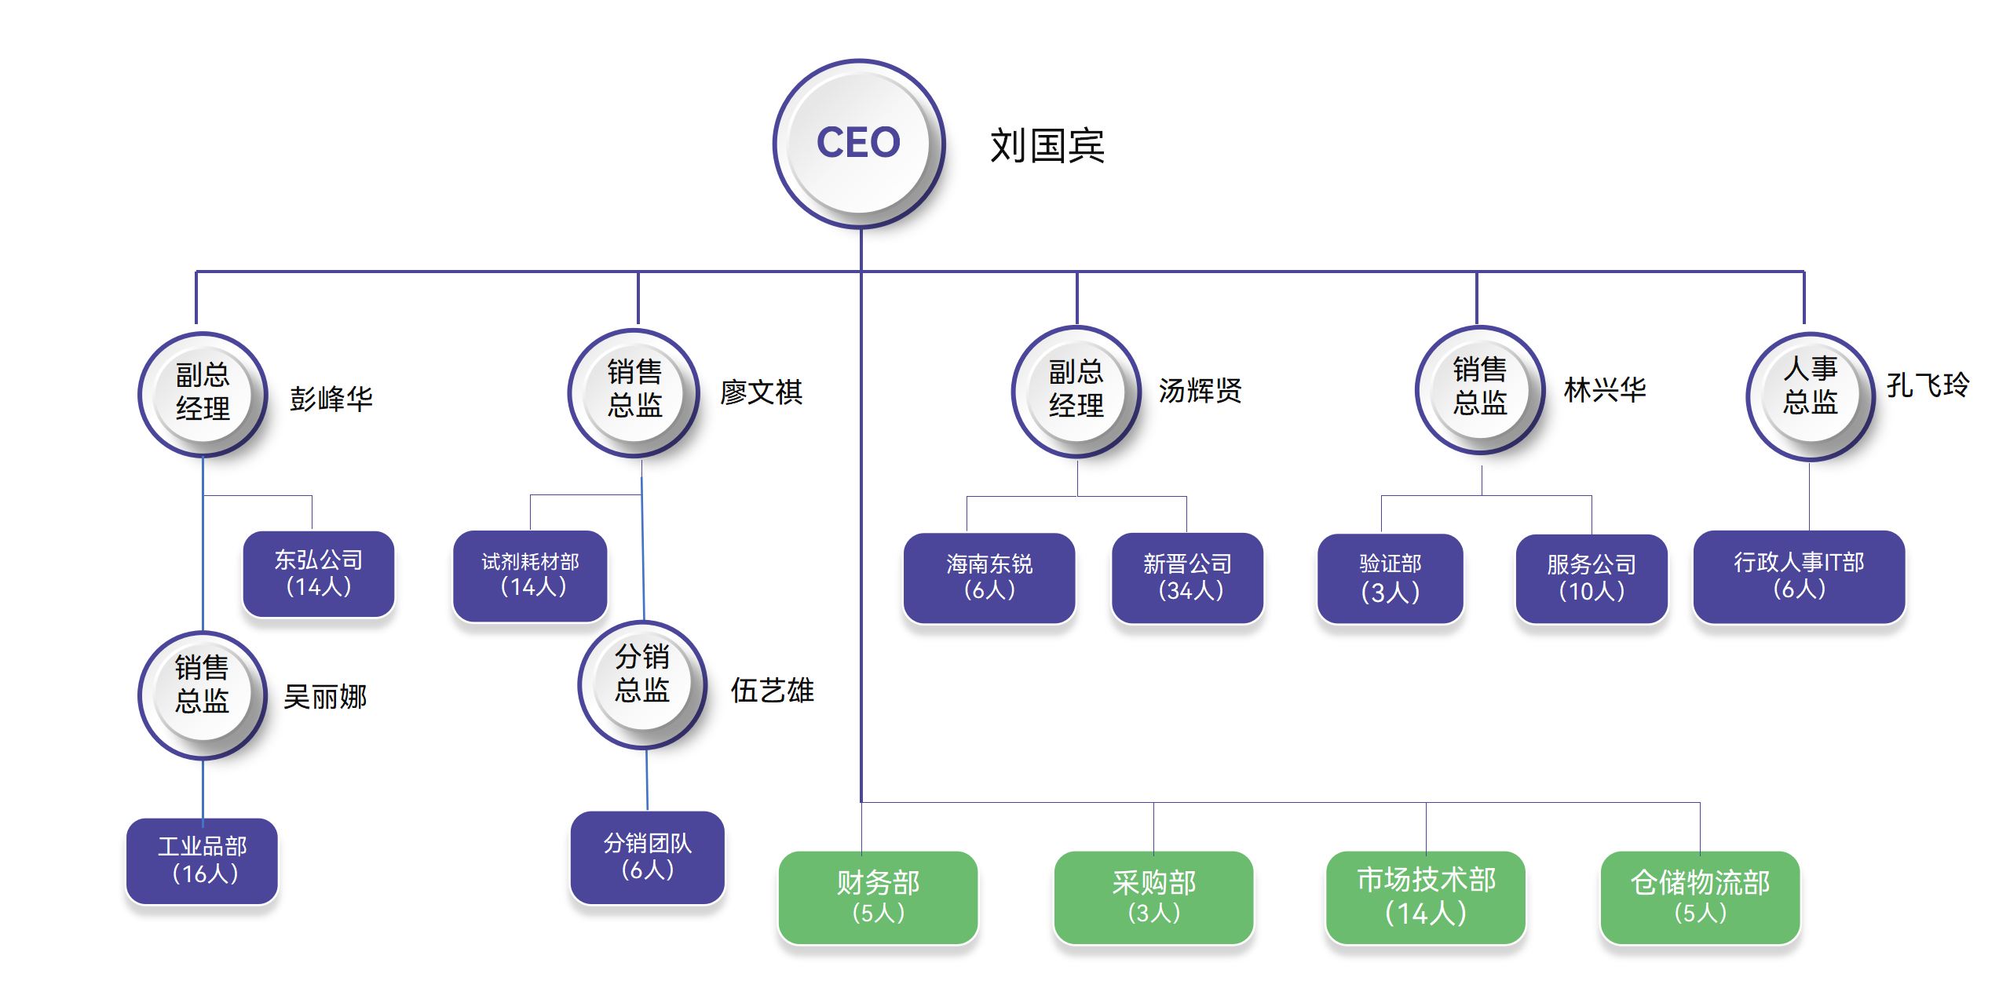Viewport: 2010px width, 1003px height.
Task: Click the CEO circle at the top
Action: pyautogui.click(x=858, y=144)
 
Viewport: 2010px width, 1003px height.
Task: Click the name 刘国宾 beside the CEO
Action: pyautogui.click(x=1047, y=146)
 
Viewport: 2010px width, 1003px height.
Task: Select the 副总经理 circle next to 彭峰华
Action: pyautogui.click(x=203, y=393)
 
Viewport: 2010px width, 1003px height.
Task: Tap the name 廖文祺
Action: pyautogui.click(x=761, y=392)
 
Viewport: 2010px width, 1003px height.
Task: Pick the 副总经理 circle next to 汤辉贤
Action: pyautogui.click(x=1076, y=390)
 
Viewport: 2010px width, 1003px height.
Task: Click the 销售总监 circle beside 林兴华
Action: pyautogui.click(x=1479, y=388)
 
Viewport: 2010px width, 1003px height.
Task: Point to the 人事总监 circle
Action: pyautogui.click(x=1809, y=395)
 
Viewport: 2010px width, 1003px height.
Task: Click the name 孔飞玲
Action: pyautogui.click(x=1928, y=385)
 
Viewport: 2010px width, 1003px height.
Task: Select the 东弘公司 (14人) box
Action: pyautogui.click(x=318, y=574)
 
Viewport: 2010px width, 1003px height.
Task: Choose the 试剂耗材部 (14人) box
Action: pyautogui.click(x=531, y=575)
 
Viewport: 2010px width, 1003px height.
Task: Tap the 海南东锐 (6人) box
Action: pyautogui.click(x=989, y=578)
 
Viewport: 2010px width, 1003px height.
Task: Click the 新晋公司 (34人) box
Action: pyautogui.click(x=1187, y=578)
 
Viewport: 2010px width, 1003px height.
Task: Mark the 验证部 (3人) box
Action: pyautogui.click(x=1390, y=578)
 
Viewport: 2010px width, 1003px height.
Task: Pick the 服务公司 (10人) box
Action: pyautogui.click(x=1591, y=578)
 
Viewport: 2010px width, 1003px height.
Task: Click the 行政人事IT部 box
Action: pyautogui.click(x=1798, y=576)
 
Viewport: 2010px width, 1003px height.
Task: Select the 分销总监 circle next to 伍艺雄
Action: pyautogui.click(x=642, y=684)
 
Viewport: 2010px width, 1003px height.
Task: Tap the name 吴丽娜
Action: pyautogui.click(x=325, y=696)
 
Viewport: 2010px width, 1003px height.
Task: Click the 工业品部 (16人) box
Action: pyautogui.click(x=203, y=860)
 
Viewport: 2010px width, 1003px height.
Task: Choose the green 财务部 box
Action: pyautogui.click(x=878, y=896)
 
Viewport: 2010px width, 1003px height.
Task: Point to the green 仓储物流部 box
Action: pyautogui.click(x=1699, y=896)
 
